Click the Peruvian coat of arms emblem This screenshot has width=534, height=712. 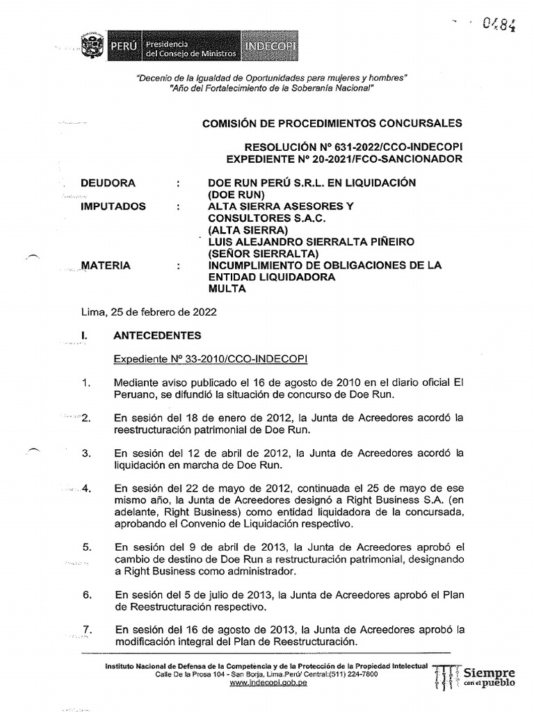pyautogui.click(x=90, y=48)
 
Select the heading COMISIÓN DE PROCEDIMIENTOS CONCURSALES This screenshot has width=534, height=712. pyautogui.click(x=332, y=123)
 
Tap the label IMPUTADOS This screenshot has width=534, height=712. pyautogui.click(x=113, y=207)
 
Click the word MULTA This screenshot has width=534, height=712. pyautogui.click(x=227, y=289)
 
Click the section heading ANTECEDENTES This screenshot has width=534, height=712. pyautogui.click(x=157, y=335)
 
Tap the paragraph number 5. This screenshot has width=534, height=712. pyautogui.click(x=87, y=547)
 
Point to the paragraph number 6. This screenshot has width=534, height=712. pyautogui.click(x=87, y=594)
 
